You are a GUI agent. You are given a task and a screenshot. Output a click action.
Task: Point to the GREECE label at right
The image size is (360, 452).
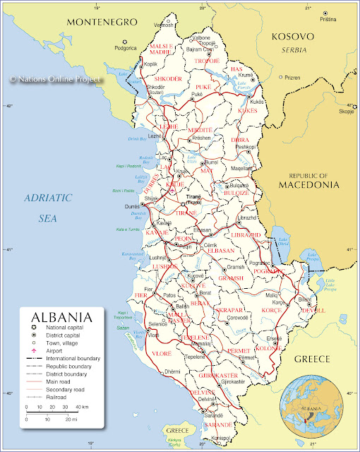pyautogui.click(x=311, y=359)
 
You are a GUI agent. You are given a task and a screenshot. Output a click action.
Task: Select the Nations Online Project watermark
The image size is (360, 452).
pyautogui.click(x=56, y=81)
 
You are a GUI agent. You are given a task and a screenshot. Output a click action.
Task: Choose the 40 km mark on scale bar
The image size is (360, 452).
pyautogui.click(x=83, y=408)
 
